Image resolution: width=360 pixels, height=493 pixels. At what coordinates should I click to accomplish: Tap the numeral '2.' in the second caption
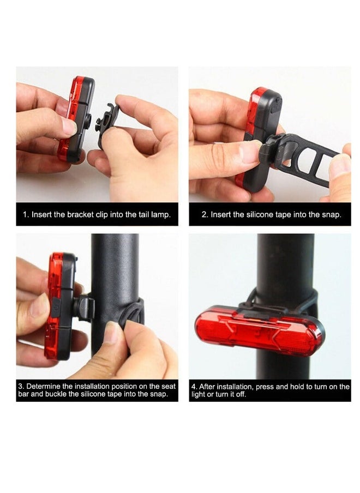click(x=205, y=215)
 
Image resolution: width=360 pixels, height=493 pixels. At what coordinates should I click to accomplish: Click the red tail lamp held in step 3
click(x=57, y=305)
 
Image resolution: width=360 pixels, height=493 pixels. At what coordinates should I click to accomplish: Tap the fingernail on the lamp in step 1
click(x=69, y=127)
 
